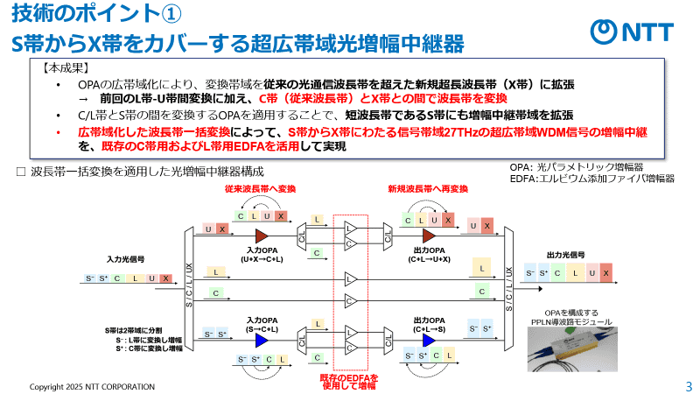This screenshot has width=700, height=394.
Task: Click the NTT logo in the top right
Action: click(x=631, y=32)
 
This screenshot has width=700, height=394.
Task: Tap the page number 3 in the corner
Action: click(x=688, y=386)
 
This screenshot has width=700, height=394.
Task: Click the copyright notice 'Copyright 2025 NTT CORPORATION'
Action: click(x=93, y=386)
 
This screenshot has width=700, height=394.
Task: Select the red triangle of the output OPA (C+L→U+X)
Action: click(x=429, y=236)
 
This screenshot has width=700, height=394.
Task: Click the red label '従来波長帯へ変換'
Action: click(x=260, y=189)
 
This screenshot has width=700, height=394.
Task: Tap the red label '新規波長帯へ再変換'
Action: click(x=429, y=189)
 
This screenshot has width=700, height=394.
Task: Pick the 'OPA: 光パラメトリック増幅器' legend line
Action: click(x=577, y=166)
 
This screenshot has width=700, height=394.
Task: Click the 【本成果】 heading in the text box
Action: click(x=65, y=67)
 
